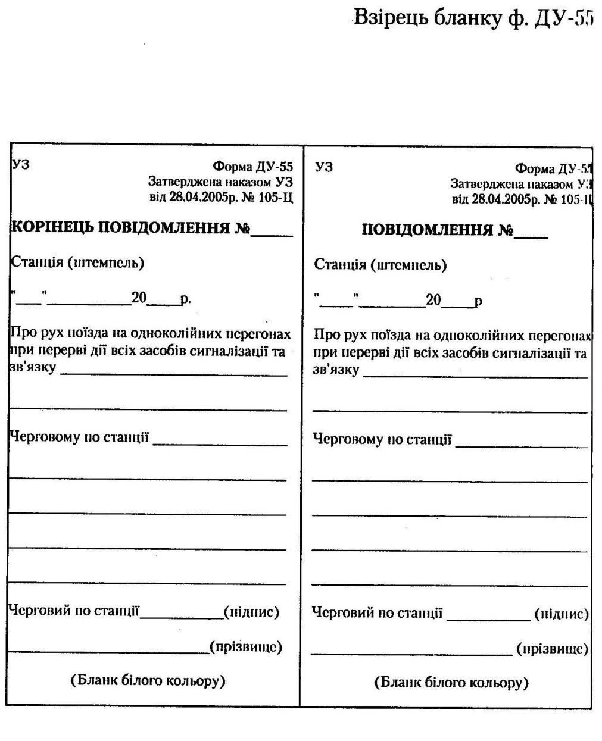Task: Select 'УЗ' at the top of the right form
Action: point(324,167)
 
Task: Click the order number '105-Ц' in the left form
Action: point(276,196)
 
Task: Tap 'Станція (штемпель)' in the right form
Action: point(380,265)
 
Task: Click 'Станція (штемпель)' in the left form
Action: point(77,262)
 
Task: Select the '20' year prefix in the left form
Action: point(139,297)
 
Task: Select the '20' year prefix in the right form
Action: point(433,299)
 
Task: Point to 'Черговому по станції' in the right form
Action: point(382,440)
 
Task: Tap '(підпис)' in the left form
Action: point(251,611)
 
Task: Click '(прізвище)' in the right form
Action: point(552,648)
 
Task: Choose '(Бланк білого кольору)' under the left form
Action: point(148,680)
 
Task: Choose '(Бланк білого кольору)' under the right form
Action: point(451,682)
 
